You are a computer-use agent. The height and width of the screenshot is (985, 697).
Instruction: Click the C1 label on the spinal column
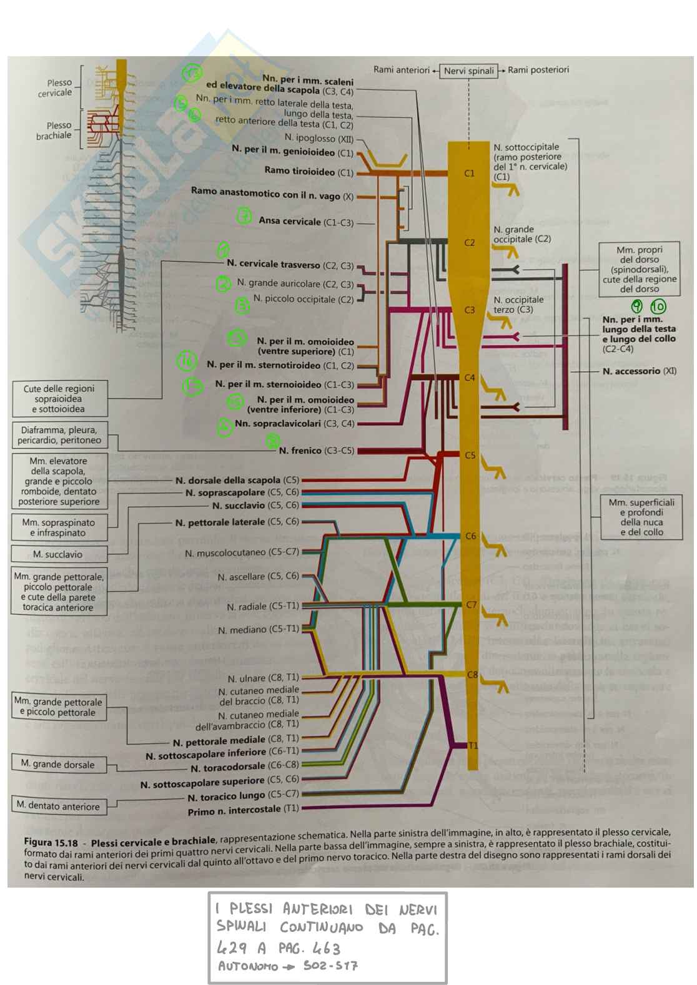click(469, 173)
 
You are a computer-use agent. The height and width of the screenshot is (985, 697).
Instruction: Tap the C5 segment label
click(470, 455)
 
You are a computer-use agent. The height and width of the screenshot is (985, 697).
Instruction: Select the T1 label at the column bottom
click(473, 745)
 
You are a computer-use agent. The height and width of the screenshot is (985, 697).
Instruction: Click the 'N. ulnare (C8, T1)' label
click(263, 678)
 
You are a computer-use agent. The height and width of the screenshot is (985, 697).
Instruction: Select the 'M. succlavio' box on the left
click(58, 554)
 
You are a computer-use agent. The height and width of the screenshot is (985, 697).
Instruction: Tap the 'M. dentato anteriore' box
click(58, 806)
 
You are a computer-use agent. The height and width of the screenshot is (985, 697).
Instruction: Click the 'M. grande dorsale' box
click(58, 764)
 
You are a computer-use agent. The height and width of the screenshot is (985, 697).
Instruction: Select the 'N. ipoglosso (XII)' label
click(319, 139)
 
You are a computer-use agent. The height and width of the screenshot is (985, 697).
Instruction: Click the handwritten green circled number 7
click(244, 217)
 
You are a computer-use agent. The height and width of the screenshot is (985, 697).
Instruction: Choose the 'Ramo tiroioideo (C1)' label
click(309, 171)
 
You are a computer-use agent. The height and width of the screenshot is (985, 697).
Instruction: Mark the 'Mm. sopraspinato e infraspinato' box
click(58, 527)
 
